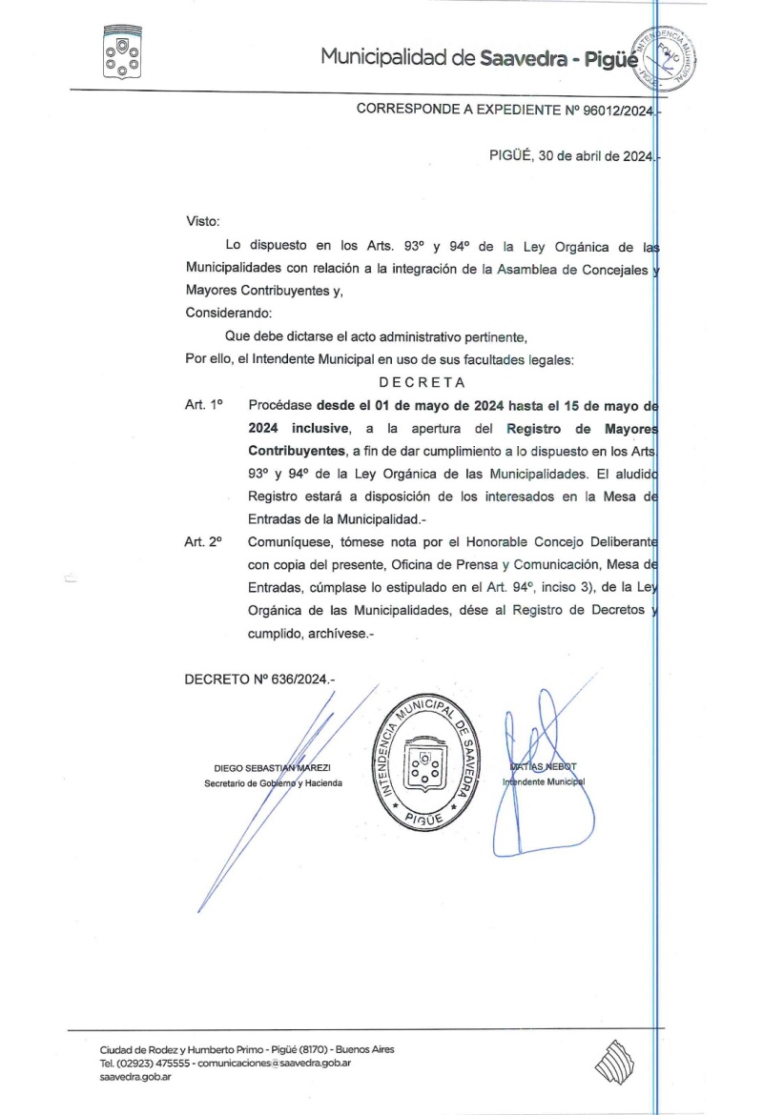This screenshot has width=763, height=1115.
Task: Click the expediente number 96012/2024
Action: click(x=613, y=110)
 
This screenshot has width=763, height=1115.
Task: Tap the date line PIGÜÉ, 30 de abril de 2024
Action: click(x=568, y=157)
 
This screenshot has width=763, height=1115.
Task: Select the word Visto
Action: click(x=202, y=221)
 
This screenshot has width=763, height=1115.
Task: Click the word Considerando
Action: click(x=228, y=313)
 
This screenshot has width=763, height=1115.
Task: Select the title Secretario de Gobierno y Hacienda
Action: click(x=272, y=783)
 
